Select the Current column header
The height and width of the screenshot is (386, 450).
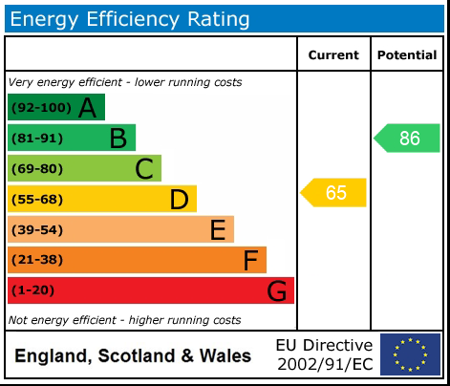333,55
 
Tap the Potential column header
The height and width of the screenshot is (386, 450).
406,55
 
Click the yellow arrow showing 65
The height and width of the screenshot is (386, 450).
334,192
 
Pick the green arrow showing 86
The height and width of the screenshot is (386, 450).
408,138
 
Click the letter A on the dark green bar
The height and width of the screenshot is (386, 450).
88,108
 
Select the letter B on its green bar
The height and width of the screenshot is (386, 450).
118,139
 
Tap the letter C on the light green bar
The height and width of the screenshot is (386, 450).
144,169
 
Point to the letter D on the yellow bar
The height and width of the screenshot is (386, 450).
179,200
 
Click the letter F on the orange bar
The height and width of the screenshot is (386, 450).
250,260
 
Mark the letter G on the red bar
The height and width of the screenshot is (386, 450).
276,290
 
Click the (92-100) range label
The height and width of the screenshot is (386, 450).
40,108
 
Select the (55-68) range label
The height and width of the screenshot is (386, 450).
37,200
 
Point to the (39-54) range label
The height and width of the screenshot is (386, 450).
37,230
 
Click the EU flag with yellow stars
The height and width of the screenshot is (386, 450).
410,354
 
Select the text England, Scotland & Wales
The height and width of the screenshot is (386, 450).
133,356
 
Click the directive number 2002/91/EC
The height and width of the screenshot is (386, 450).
324,364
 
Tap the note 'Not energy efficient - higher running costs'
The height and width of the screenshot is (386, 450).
124,320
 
